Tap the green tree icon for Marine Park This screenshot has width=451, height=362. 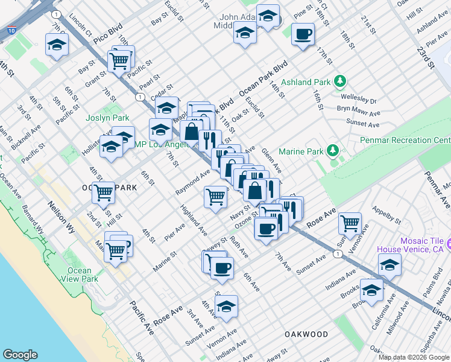pos(332,150)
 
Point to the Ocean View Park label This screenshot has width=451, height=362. pos(83,275)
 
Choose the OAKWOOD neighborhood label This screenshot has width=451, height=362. pos(306,334)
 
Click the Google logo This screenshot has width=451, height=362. pos(20,355)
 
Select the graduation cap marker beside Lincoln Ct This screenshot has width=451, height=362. pos(57,44)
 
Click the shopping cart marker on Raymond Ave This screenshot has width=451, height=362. pos(215,197)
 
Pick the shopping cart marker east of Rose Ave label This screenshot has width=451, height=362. pos(350,223)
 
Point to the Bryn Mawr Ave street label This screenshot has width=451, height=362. pos(358,112)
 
